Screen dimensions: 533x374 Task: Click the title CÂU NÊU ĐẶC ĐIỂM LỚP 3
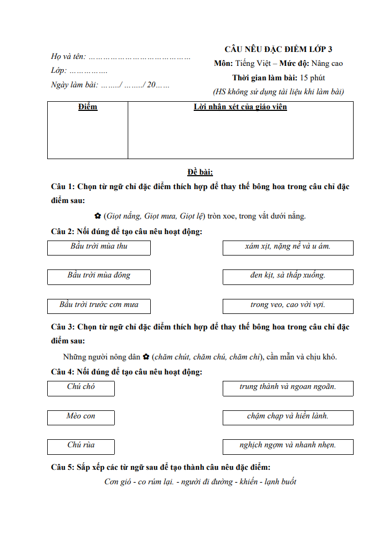click(x=278, y=49)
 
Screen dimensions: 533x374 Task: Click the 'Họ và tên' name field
click(x=121, y=56)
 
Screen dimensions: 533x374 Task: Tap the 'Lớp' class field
click(x=79, y=71)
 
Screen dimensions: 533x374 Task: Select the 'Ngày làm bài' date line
click(x=110, y=85)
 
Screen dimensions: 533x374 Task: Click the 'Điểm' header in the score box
click(x=87, y=107)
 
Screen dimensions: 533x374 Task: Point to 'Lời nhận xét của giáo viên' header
click(x=240, y=107)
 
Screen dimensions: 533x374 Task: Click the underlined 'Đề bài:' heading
click(x=200, y=172)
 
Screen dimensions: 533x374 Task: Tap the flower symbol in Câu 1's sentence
click(x=98, y=216)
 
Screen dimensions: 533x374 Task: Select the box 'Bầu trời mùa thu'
click(x=99, y=247)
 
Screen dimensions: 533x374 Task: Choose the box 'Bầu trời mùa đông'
click(x=99, y=276)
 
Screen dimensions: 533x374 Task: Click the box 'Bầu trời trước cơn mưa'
click(x=99, y=306)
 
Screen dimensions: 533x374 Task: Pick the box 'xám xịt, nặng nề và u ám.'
click(x=288, y=247)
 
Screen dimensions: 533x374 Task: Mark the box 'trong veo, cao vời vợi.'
click(x=288, y=306)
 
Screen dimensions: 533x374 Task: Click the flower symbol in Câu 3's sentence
click(x=146, y=357)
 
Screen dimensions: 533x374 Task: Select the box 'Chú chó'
click(x=81, y=388)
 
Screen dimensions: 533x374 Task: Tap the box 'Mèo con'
click(x=81, y=417)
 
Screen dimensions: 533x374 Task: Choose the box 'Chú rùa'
click(x=81, y=446)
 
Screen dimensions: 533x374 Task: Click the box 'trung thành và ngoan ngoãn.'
click(x=288, y=388)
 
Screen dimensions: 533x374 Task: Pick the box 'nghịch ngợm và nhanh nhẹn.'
click(x=288, y=446)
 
